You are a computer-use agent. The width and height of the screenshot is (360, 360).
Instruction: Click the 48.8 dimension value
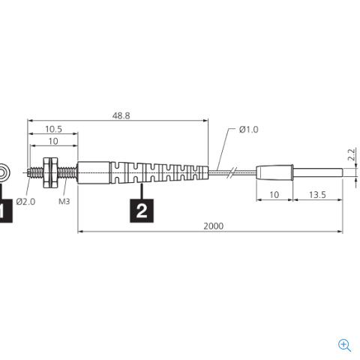tap(121, 115)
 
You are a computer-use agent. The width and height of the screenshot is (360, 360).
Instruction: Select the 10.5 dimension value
tap(53, 129)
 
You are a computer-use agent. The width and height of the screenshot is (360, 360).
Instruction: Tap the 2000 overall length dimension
tap(213, 226)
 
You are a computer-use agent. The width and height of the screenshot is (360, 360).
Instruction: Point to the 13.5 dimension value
tap(317, 195)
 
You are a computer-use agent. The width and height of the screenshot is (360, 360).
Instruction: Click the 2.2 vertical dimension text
tap(351, 154)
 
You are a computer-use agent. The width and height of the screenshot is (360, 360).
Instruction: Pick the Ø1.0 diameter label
tap(248, 130)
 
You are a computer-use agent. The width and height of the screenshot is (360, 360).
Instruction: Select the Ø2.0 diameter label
tap(25, 202)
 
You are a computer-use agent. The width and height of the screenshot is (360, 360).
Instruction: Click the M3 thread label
tap(64, 201)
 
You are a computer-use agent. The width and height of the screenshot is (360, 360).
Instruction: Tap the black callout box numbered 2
tap(142, 211)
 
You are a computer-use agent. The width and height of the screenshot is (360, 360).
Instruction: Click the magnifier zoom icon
tap(344, 345)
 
